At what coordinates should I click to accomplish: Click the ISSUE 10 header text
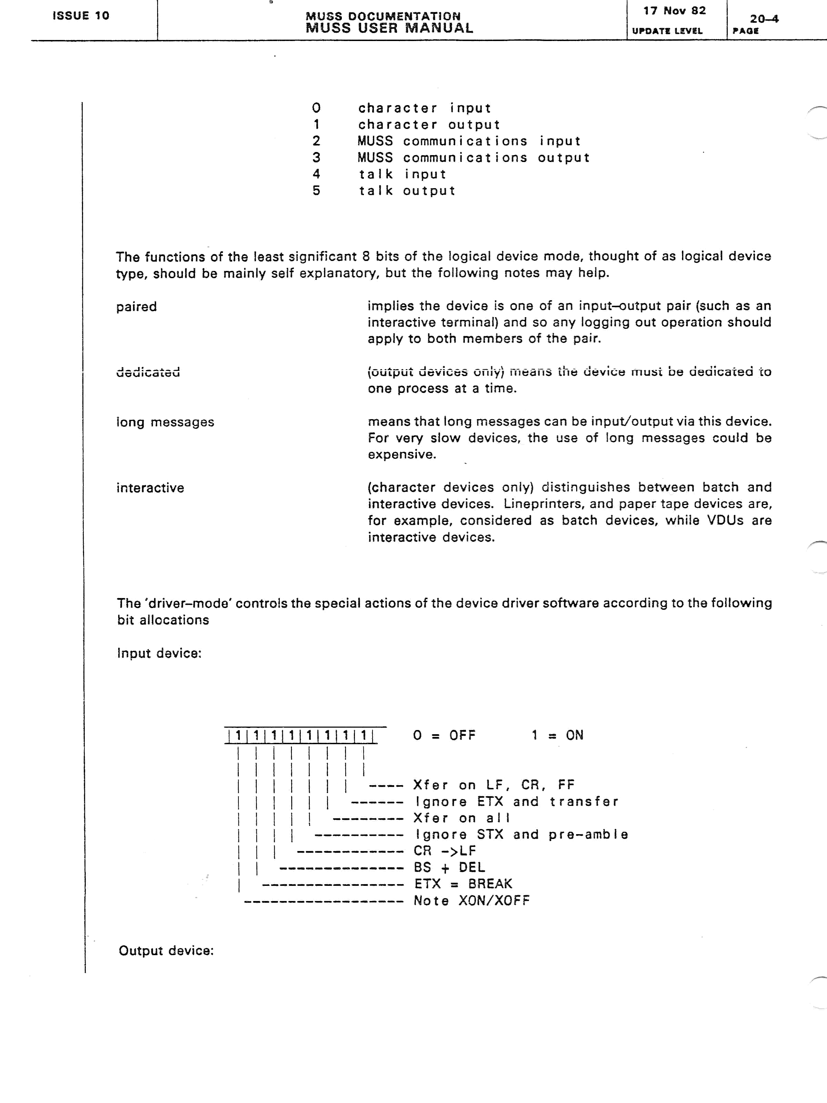tap(81, 16)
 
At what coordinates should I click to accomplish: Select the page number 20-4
tap(764, 19)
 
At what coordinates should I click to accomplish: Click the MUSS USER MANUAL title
tap(389, 28)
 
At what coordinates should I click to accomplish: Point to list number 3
tap(316, 158)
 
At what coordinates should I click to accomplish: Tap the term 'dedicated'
tap(148, 372)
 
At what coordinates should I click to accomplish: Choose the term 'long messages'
tap(165, 422)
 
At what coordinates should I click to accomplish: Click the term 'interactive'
tap(150, 488)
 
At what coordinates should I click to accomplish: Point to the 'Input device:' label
tap(159, 653)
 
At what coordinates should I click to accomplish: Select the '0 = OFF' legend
tap(444, 736)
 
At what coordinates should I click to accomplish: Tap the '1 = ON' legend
tap(557, 736)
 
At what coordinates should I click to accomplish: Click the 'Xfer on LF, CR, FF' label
tap(493, 785)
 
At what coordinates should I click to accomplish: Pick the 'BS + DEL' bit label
tap(449, 867)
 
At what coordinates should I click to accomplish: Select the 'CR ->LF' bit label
tap(445, 851)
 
